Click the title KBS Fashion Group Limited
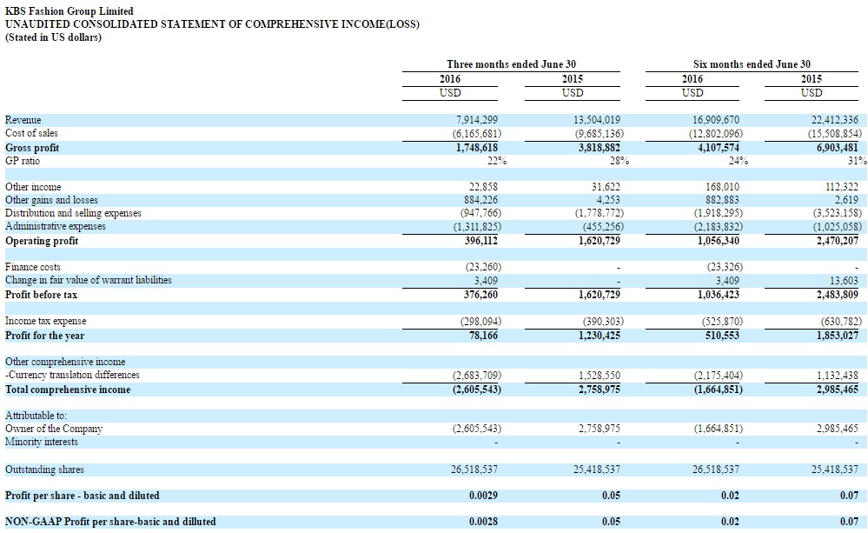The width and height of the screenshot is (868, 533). (70, 11)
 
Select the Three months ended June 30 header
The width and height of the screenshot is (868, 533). (511, 64)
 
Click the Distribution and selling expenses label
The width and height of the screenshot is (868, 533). (73, 213)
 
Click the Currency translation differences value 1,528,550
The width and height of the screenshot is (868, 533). (598, 375)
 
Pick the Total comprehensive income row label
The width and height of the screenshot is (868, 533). (68, 390)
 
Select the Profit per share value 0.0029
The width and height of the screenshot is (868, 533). (483, 496)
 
